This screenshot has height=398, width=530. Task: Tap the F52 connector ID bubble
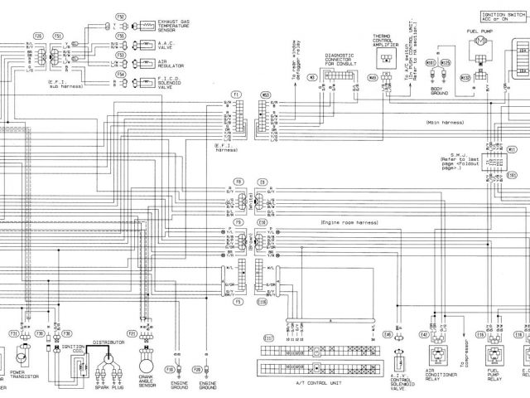121,17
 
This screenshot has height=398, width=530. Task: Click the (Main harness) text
444,124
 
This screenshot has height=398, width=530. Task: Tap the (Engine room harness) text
348,224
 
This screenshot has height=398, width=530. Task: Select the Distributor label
108,342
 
